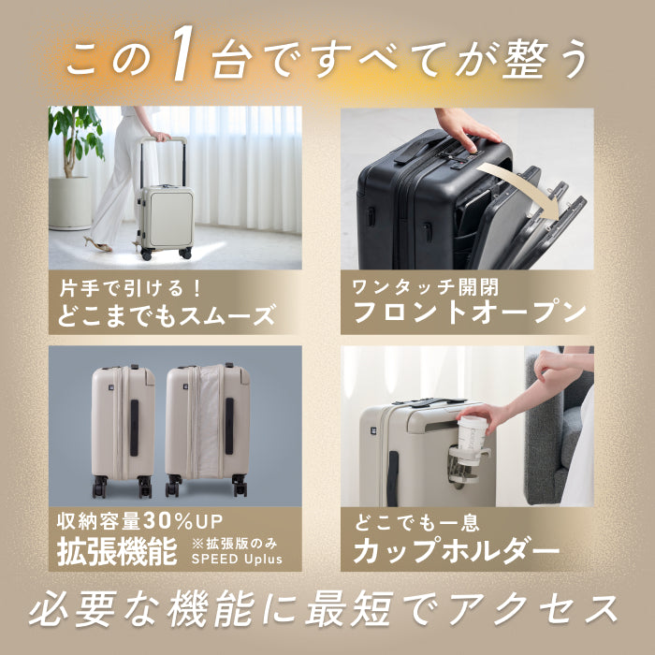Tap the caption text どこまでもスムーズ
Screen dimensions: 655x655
click(x=165, y=314)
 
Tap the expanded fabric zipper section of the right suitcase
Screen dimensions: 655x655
click(x=210, y=421)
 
